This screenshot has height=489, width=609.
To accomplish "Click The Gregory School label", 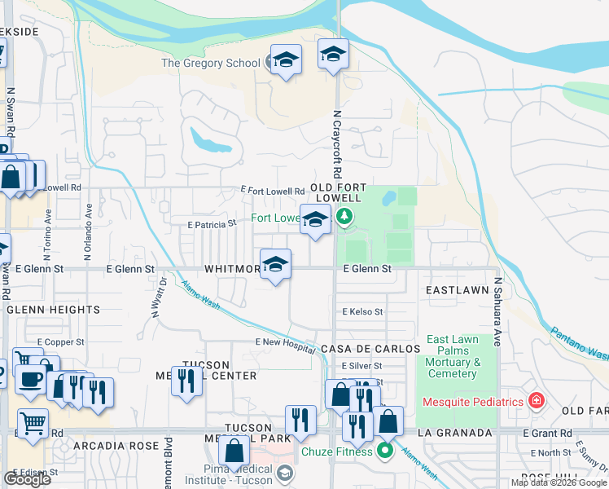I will [x=210, y=63].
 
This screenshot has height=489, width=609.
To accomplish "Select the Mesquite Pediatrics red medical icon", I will [x=536, y=400].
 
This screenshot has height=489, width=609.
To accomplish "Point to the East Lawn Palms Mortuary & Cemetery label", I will [x=452, y=356].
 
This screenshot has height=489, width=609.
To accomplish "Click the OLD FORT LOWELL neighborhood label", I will [x=335, y=192].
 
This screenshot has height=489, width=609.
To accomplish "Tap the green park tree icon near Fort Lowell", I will [x=344, y=217].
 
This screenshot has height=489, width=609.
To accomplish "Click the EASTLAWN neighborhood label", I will [x=456, y=290].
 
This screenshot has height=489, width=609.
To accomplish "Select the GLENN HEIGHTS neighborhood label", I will [x=53, y=310].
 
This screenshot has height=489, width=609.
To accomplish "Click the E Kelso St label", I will [x=362, y=311].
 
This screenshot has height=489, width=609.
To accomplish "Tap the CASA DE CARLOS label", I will [x=370, y=348].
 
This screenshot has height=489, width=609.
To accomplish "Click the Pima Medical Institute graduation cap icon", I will [x=285, y=473].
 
